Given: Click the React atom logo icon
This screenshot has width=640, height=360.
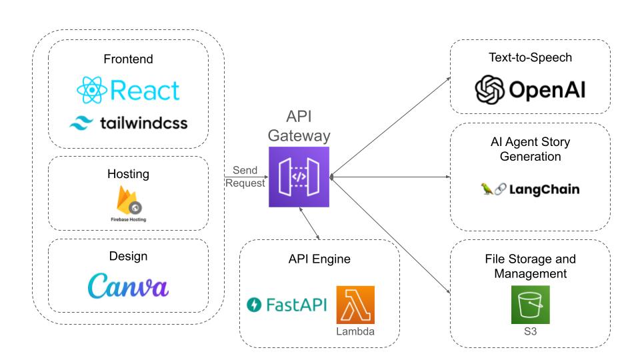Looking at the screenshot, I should pos(92,90).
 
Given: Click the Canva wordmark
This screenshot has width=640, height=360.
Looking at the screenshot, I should pos(128,285).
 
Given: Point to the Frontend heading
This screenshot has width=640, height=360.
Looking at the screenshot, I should pos(128,59).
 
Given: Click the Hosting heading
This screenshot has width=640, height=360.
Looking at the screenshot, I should pos(128,174).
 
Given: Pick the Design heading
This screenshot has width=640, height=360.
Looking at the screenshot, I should pos(128,256).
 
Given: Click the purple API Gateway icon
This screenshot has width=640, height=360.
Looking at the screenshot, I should pos(299,177).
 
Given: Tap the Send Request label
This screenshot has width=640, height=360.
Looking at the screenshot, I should pos(245,177).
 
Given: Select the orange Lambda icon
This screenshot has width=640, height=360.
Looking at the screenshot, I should pos(355,305).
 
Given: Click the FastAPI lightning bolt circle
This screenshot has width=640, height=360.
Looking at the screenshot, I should pos(254,305).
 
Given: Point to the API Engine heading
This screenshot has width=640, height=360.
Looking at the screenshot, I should pos(319,259).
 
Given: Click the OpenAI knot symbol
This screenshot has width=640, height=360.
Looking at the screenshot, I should pos(489,90).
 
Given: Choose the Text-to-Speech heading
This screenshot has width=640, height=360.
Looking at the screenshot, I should pos(530,57).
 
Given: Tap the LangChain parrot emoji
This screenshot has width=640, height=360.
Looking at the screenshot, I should pos(487,189).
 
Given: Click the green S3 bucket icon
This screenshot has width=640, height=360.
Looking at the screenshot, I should pos(530,305).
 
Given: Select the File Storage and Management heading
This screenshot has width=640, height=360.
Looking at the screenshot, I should pos(530,266).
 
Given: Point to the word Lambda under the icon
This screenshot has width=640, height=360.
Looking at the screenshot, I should pos(355,331).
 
